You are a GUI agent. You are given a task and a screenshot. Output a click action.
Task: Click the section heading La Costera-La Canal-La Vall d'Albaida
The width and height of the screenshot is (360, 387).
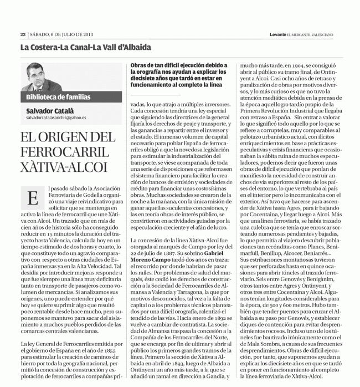85,48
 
